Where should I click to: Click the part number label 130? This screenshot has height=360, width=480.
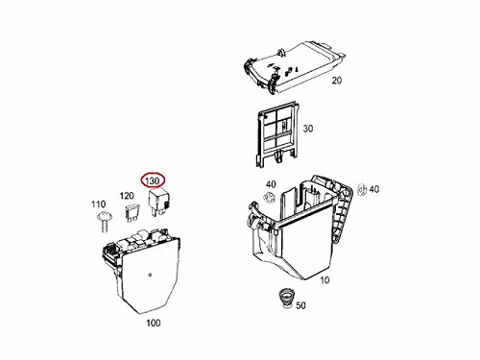pyautogui.click(x=152, y=181)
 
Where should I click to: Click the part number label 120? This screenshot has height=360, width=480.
pyautogui.click(x=127, y=196)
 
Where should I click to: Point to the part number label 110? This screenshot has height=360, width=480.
pyautogui.click(x=98, y=204)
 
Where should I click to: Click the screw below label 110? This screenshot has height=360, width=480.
pyautogui.click(x=103, y=222)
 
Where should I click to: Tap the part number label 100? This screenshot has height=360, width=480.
pyautogui.click(x=153, y=323)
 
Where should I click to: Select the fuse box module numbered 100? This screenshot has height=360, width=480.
pyautogui.click(x=141, y=271)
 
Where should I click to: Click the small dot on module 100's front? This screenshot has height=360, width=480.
pyautogui.click(x=150, y=275)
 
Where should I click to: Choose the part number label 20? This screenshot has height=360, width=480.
pyautogui.click(x=336, y=81)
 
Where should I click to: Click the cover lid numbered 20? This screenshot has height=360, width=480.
pyautogui.click(x=294, y=66)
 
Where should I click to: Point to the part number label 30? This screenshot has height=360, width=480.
pyautogui.click(x=307, y=129)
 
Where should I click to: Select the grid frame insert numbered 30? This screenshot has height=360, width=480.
pyautogui.click(x=277, y=133)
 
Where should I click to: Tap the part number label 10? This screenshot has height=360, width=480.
pyautogui.click(x=324, y=280)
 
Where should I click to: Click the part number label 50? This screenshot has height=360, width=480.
pyautogui.click(x=300, y=305)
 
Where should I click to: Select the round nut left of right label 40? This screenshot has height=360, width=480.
pyautogui.click(x=362, y=190)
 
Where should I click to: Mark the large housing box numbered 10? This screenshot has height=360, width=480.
pyautogui.click(x=300, y=228)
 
